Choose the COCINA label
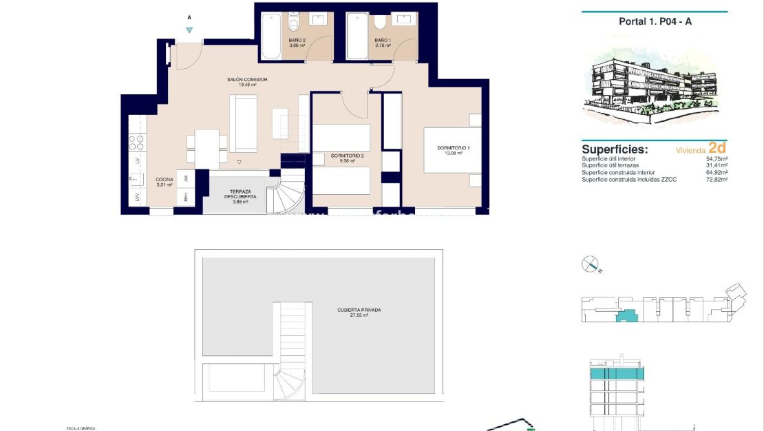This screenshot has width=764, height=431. tap(164, 182)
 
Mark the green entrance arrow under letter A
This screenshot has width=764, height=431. tap(189, 30)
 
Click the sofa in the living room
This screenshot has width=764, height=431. tap(243, 124)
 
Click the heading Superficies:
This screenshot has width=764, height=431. tap(615, 149)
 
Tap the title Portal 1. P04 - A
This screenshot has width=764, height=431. tap(655, 21)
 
